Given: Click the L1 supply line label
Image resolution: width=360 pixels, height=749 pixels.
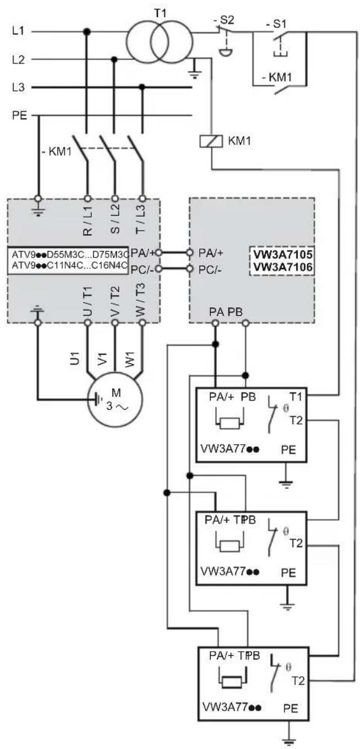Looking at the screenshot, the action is coord(18,31).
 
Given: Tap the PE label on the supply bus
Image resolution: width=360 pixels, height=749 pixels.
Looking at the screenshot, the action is coord(19,116).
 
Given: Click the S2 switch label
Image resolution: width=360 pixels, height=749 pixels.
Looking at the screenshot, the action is coord(223,20).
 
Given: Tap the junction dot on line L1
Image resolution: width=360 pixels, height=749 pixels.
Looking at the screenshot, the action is coord(87,32).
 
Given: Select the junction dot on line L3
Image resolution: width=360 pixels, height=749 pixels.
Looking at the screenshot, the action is coord(142,88).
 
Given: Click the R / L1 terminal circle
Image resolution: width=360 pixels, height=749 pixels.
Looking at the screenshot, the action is coord(88,199).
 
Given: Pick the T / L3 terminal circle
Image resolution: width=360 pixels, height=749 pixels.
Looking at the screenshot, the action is coord(143,199).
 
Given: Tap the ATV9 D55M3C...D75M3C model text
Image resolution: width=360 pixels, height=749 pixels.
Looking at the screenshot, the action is coord(70,255).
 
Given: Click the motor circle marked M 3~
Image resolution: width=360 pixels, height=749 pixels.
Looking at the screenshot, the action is coord(115,399).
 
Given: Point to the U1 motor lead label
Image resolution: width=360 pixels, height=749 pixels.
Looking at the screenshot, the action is coord(76,358).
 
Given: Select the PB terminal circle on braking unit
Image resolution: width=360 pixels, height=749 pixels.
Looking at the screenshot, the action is coord(246,323).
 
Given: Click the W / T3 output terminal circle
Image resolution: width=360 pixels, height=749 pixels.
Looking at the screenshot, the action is coord(143,323).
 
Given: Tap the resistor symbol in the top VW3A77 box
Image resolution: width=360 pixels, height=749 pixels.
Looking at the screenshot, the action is coord(230,424).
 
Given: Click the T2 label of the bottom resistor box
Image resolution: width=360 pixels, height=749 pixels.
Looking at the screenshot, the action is coord(298,681).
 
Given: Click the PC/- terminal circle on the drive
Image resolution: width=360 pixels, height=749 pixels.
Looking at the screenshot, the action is coord(159,269).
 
